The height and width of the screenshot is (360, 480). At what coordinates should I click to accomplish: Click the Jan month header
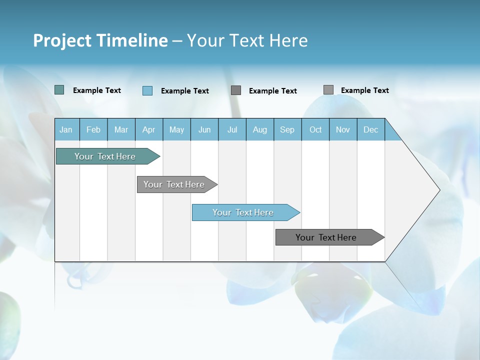66,129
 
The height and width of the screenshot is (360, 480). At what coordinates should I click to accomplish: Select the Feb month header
93,129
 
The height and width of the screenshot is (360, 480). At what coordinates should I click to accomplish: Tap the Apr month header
149,129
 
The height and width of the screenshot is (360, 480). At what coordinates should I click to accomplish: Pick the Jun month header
204,129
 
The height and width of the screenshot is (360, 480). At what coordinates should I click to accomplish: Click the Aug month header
260,129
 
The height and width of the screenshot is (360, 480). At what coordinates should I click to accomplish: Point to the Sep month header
287,129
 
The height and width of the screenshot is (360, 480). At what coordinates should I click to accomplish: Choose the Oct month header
315,129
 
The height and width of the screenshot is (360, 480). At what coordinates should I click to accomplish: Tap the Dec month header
371,129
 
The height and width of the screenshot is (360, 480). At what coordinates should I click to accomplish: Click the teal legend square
59,90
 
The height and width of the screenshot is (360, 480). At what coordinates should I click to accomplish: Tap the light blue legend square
147,90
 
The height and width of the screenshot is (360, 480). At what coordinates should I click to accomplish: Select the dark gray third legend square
236,90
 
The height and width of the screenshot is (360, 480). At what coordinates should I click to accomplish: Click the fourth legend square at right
328,89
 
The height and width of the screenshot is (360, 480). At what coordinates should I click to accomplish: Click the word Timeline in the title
132,40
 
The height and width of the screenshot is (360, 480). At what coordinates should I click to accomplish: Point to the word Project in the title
62,40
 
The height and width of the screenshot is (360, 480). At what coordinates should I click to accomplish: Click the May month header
176,129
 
